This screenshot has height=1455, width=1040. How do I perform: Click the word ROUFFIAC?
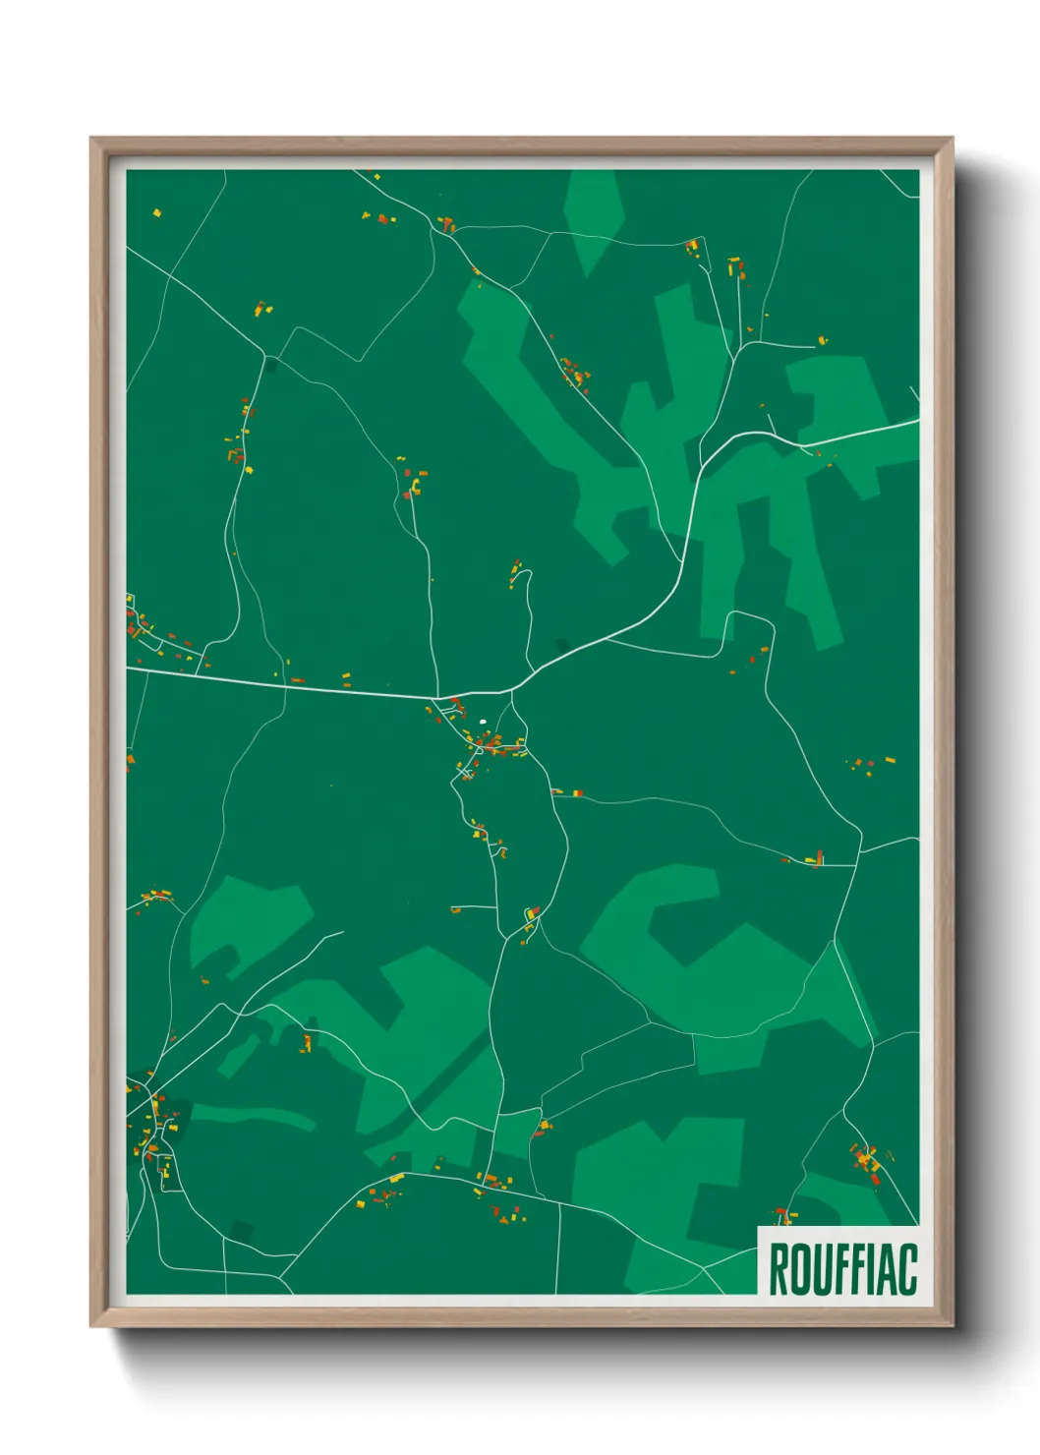click(842, 1269)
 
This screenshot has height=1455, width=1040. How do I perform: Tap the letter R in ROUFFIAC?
click(778, 1269)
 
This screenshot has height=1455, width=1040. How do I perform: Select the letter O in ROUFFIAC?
click(797, 1269)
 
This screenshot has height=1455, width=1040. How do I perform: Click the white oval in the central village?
click(483, 723)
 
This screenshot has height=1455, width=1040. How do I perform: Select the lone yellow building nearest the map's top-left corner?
click(156, 212)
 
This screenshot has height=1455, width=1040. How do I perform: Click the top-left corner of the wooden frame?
click(91, 139)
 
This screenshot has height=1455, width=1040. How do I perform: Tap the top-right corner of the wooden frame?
click(952, 139)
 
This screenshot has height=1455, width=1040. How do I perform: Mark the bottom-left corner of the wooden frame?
click(91, 1326)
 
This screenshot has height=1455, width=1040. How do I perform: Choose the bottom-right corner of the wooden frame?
click(952, 1326)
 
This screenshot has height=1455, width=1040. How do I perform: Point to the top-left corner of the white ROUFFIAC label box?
click(758, 1227)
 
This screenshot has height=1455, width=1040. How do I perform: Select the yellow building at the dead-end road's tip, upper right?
click(823, 340)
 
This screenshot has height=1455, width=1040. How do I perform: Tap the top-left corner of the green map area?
click(127, 171)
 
